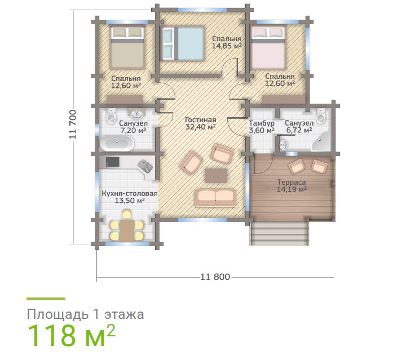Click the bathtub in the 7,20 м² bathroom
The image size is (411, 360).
[117, 143]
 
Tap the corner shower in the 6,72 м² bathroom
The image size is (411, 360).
[322, 142]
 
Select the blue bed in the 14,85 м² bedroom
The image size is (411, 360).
[183, 43]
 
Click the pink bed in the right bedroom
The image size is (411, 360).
[268, 47]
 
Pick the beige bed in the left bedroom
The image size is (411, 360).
[127, 48]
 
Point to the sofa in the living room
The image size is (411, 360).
[215, 198]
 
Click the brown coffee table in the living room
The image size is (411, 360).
[216, 176]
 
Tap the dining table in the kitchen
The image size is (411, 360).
[127, 230]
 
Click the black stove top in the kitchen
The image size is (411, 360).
[112, 162]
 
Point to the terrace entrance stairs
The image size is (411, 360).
[279, 233]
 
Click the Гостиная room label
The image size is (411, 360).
[201, 120]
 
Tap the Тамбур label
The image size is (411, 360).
[262, 123]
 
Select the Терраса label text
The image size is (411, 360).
[291, 182]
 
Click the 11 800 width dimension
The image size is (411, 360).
[215, 277]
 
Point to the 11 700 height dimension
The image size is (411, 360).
[73, 124]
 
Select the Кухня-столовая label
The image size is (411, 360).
[130, 194]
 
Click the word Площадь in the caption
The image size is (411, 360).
[56, 314]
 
